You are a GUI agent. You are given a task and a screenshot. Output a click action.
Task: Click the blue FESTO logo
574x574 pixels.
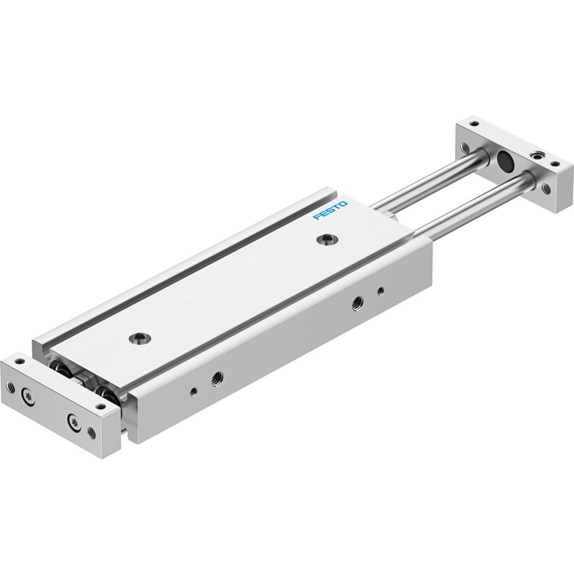330,211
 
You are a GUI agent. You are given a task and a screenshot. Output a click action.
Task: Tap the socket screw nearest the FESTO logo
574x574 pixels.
328,240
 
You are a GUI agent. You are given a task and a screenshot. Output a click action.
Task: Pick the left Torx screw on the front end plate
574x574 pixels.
28,396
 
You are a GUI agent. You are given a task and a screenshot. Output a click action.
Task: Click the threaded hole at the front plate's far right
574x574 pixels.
92,433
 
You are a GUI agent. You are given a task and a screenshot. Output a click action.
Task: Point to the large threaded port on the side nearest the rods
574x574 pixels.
356,304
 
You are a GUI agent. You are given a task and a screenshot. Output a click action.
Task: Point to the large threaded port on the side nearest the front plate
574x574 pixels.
217,377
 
